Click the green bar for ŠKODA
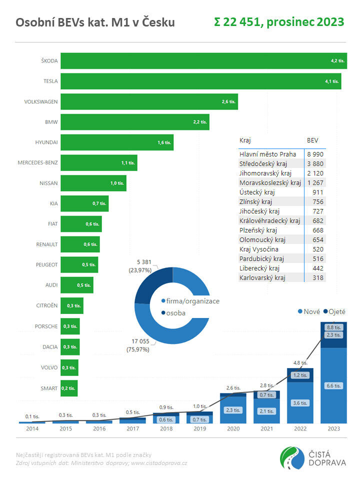[200, 60]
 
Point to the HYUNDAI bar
[117, 142]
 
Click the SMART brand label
[48, 388]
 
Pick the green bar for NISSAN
[93, 183]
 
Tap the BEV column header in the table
[312, 140]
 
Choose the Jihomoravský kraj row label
[266, 173]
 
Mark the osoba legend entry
[175, 313]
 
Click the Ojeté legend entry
[334, 311]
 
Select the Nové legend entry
[308, 311]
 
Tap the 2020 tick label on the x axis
[233, 429]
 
